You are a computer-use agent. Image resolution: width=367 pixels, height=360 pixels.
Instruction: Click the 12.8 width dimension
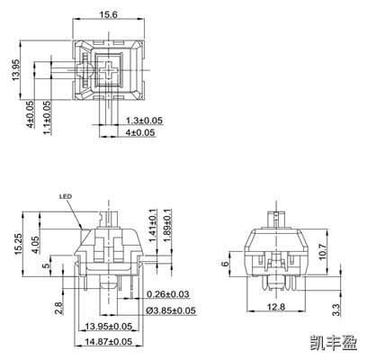click(x=274, y=308)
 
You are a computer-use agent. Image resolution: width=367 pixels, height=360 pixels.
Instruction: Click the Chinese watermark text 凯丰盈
click(x=334, y=343)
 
